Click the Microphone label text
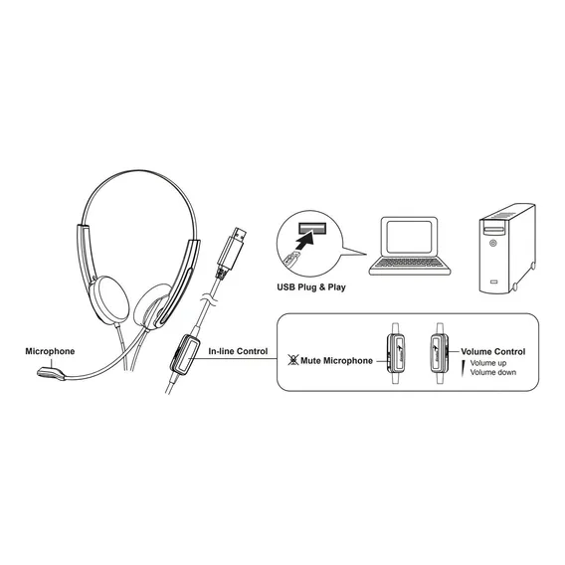tap(50, 351)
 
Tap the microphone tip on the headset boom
tap(51, 374)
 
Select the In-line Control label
tap(238, 351)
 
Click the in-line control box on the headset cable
tap(185, 354)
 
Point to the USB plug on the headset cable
tap(231, 253)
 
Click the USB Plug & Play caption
tap(311, 287)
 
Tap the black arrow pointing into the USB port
tap(304, 242)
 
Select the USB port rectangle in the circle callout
tap(312, 229)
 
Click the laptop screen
tap(409, 237)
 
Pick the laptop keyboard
tap(409, 263)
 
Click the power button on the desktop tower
tap(492, 244)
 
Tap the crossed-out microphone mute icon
tap(293, 360)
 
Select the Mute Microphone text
tap(336, 361)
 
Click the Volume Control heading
tap(493, 352)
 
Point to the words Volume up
tap(487, 363)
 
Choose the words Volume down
tap(493, 372)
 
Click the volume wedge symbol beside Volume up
tap(464, 368)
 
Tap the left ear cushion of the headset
tap(109, 299)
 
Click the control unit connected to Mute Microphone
tap(395, 353)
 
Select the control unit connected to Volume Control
tap(440, 353)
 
